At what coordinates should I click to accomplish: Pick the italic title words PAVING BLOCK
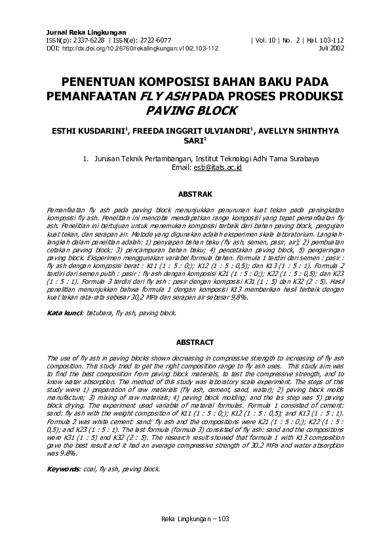coord(195,111)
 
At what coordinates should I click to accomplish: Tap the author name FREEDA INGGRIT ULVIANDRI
coord(193,130)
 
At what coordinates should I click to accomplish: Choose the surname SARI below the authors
coord(194,140)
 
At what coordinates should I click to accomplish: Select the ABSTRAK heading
coord(195,194)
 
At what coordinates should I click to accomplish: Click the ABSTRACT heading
coord(195,342)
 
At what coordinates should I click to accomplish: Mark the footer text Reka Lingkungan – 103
coord(195,519)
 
